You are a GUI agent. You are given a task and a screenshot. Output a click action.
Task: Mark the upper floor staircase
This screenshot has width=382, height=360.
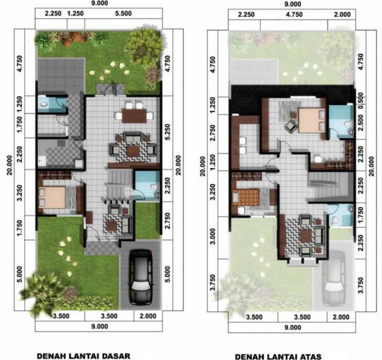point(329,186)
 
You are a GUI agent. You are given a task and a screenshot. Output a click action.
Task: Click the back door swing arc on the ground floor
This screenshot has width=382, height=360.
point(110,89)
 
